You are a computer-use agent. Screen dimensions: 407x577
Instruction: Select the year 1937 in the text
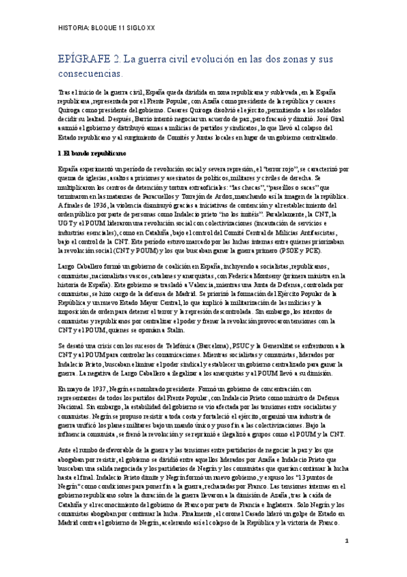[x=98, y=389]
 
